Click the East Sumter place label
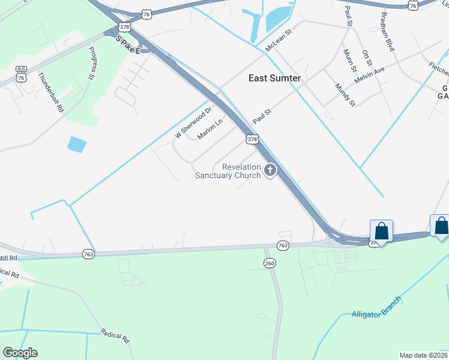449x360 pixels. (x=275, y=78)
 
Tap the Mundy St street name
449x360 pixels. (x=345, y=95)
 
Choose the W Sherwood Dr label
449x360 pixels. (x=194, y=123)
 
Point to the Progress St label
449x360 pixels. (x=92, y=64)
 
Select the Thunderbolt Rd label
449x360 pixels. (x=50, y=92)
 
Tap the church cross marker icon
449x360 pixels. (x=270, y=171)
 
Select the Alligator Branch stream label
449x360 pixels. (x=376, y=306)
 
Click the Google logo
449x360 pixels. (x=20, y=353)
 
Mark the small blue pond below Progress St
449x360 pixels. (x=77, y=145)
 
